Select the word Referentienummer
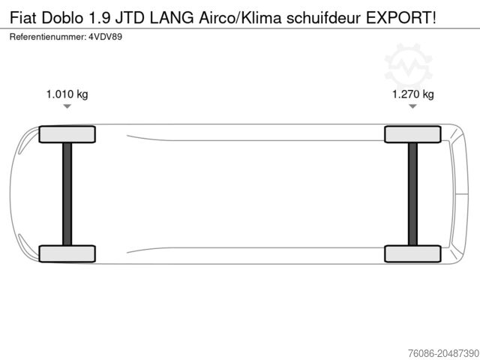[47, 35]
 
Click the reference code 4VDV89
[105, 35]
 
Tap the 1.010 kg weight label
[67, 94]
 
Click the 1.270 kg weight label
[413, 94]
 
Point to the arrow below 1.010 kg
[67, 107]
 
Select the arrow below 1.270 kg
[413, 107]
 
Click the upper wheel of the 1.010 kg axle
[67, 134]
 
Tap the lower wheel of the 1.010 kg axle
[67, 253]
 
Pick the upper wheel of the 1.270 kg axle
[413, 134]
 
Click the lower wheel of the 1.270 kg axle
[413, 253]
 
